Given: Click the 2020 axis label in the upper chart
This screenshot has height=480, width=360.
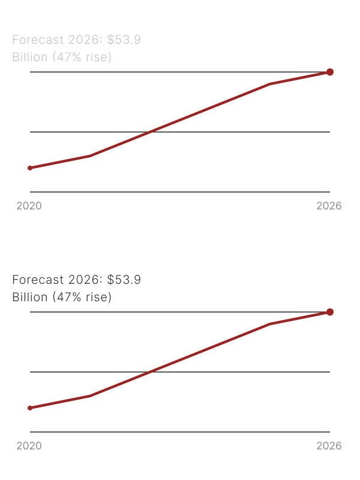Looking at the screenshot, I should (29, 206).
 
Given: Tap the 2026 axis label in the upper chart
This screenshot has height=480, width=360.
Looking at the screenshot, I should (329, 206).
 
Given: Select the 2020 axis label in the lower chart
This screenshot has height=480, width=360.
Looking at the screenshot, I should (29, 446).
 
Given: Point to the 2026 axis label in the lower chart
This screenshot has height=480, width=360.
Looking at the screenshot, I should (329, 446).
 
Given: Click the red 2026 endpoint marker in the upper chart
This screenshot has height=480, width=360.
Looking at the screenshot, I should (329, 72).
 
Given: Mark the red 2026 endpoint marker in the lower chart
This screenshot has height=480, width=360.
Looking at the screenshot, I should (329, 312).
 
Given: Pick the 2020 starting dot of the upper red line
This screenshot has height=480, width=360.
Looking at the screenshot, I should (30, 168).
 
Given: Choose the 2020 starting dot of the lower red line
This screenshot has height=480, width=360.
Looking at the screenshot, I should (30, 408).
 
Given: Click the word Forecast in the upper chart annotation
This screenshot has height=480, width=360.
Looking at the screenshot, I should (38, 41).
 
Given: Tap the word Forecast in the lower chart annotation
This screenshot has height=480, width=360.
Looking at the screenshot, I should (38, 280).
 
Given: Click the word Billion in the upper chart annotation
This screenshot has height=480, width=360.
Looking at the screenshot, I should (29, 58).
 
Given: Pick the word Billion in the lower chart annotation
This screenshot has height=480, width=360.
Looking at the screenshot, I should (29, 297).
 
